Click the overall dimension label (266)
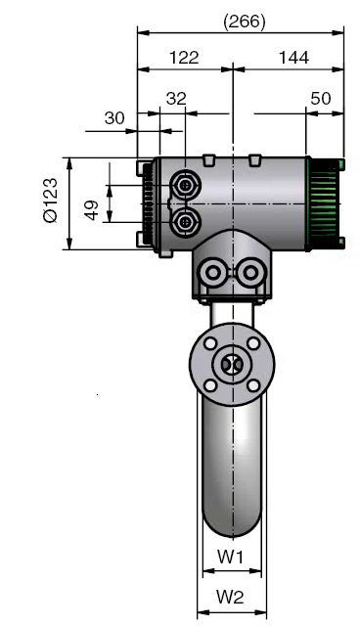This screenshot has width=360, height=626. point(245,22)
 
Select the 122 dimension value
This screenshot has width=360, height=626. point(184,58)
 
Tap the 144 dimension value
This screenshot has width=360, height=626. point(293,58)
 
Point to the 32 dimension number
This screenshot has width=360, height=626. point(176,99)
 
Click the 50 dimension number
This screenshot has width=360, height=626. point(321,99)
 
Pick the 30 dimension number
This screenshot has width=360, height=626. point(114,118)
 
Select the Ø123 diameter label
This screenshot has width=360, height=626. point(51,200)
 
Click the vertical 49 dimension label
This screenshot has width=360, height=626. point(92,210)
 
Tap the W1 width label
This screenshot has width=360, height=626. point(230,557)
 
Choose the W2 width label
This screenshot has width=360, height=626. point(230,598)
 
